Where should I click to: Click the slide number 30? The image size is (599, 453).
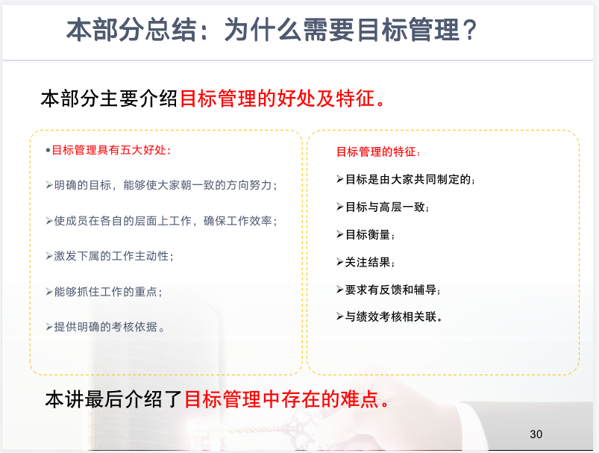pos(536,434)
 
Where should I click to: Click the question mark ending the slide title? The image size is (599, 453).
pos(468,30)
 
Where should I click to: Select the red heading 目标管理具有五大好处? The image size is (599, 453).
pos(111,150)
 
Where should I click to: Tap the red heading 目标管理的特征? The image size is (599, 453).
pos(378,152)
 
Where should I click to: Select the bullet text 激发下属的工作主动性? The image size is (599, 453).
pos(113,256)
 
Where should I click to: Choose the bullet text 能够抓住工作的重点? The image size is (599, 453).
pos(107,291)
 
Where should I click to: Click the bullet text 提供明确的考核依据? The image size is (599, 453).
pos(109,327)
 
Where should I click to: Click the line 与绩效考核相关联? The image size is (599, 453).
pos(393,316)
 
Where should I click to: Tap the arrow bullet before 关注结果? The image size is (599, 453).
pos(340,262)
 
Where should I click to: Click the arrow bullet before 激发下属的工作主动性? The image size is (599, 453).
pos(49,256)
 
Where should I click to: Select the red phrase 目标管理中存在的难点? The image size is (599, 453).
pos(286,399)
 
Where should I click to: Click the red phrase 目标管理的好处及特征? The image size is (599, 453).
pos(282,99)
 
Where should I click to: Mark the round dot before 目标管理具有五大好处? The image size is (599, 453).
pos(48,150)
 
